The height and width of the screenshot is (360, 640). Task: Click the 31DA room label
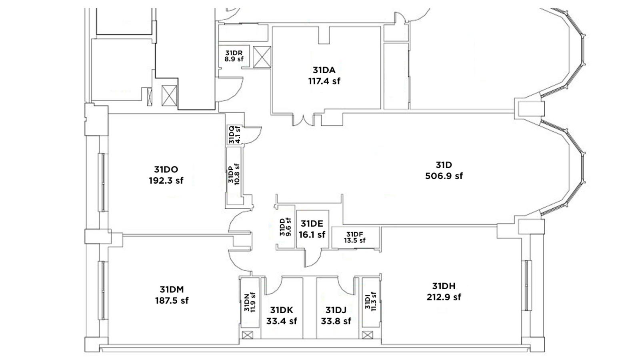[x=324, y=70]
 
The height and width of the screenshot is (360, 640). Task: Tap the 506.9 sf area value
[x=444, y=176]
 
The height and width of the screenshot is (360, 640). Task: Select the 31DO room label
[x=166, y=170]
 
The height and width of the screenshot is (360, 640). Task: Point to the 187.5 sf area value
[x=172, y=300]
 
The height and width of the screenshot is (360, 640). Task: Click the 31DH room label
[x=444, y=286]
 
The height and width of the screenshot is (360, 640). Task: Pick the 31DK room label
[x=282, y=310]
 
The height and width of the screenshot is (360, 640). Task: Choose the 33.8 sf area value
[x=336, y=321]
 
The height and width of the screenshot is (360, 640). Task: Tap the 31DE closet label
[x=312, y=224]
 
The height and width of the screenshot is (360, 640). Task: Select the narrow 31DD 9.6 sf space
[x=286, y=227]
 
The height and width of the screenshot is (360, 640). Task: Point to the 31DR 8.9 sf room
[x=234, y=56]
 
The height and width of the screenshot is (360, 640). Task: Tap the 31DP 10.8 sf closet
[x=234, y=175]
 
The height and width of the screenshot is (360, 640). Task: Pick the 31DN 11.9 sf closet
[x=250, y=302]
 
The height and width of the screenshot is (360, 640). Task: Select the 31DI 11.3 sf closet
[x=370, y=302]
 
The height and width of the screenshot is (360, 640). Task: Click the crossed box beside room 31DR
[x=262, y=57]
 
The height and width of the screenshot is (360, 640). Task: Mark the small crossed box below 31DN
[x=248, y=335]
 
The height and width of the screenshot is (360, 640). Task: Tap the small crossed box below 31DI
[x=368, y=335]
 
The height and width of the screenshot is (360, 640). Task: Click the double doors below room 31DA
[x=303, y=120]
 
